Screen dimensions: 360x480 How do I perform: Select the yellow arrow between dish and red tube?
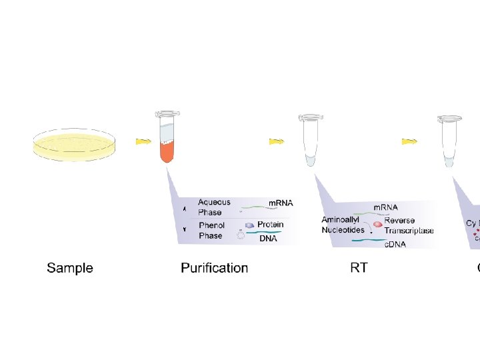coord(143,141)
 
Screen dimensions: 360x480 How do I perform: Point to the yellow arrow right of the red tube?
coord(277,141)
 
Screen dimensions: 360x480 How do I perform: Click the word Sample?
coord(70,268)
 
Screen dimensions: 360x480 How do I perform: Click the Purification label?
coord(214,268)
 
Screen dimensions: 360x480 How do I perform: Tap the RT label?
coord(359,268)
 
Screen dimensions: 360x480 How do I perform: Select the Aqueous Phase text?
coord(214,207)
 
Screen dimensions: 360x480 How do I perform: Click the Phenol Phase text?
coord(211,231)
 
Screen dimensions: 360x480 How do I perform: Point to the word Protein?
coord(270,225)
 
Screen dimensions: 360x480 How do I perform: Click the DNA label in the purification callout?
coord(268,238)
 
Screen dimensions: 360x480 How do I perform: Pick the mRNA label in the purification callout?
coord(281,203)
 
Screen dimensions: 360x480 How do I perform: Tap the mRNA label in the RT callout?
coord(385,207)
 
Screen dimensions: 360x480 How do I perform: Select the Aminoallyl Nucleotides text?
coord(343,225)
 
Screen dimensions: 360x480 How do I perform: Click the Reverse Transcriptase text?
coord(408,225)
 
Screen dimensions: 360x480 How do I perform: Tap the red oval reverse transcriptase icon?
coord(377,225)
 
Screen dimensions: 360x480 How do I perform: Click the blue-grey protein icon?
coord(249,225)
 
